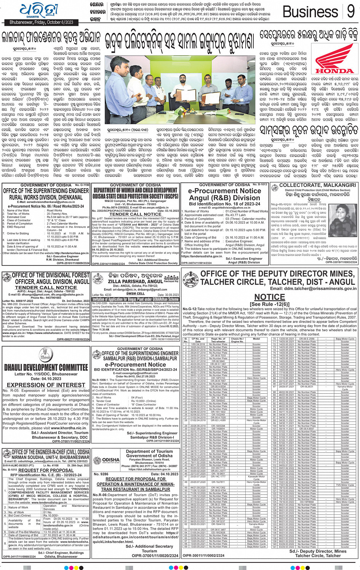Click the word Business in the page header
point(310,12)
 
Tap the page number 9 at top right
point(351,11)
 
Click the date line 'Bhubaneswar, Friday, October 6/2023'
point(42,22)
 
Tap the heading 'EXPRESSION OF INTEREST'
point(46,385)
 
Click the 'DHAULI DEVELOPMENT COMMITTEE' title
point(46,367)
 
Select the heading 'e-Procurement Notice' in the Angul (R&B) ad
point(224,191)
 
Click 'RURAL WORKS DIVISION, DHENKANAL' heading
point(46,197)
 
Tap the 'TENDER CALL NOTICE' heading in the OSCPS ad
point(135,214)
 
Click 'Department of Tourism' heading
point(149,451)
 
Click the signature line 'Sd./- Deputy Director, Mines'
point(318,551)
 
